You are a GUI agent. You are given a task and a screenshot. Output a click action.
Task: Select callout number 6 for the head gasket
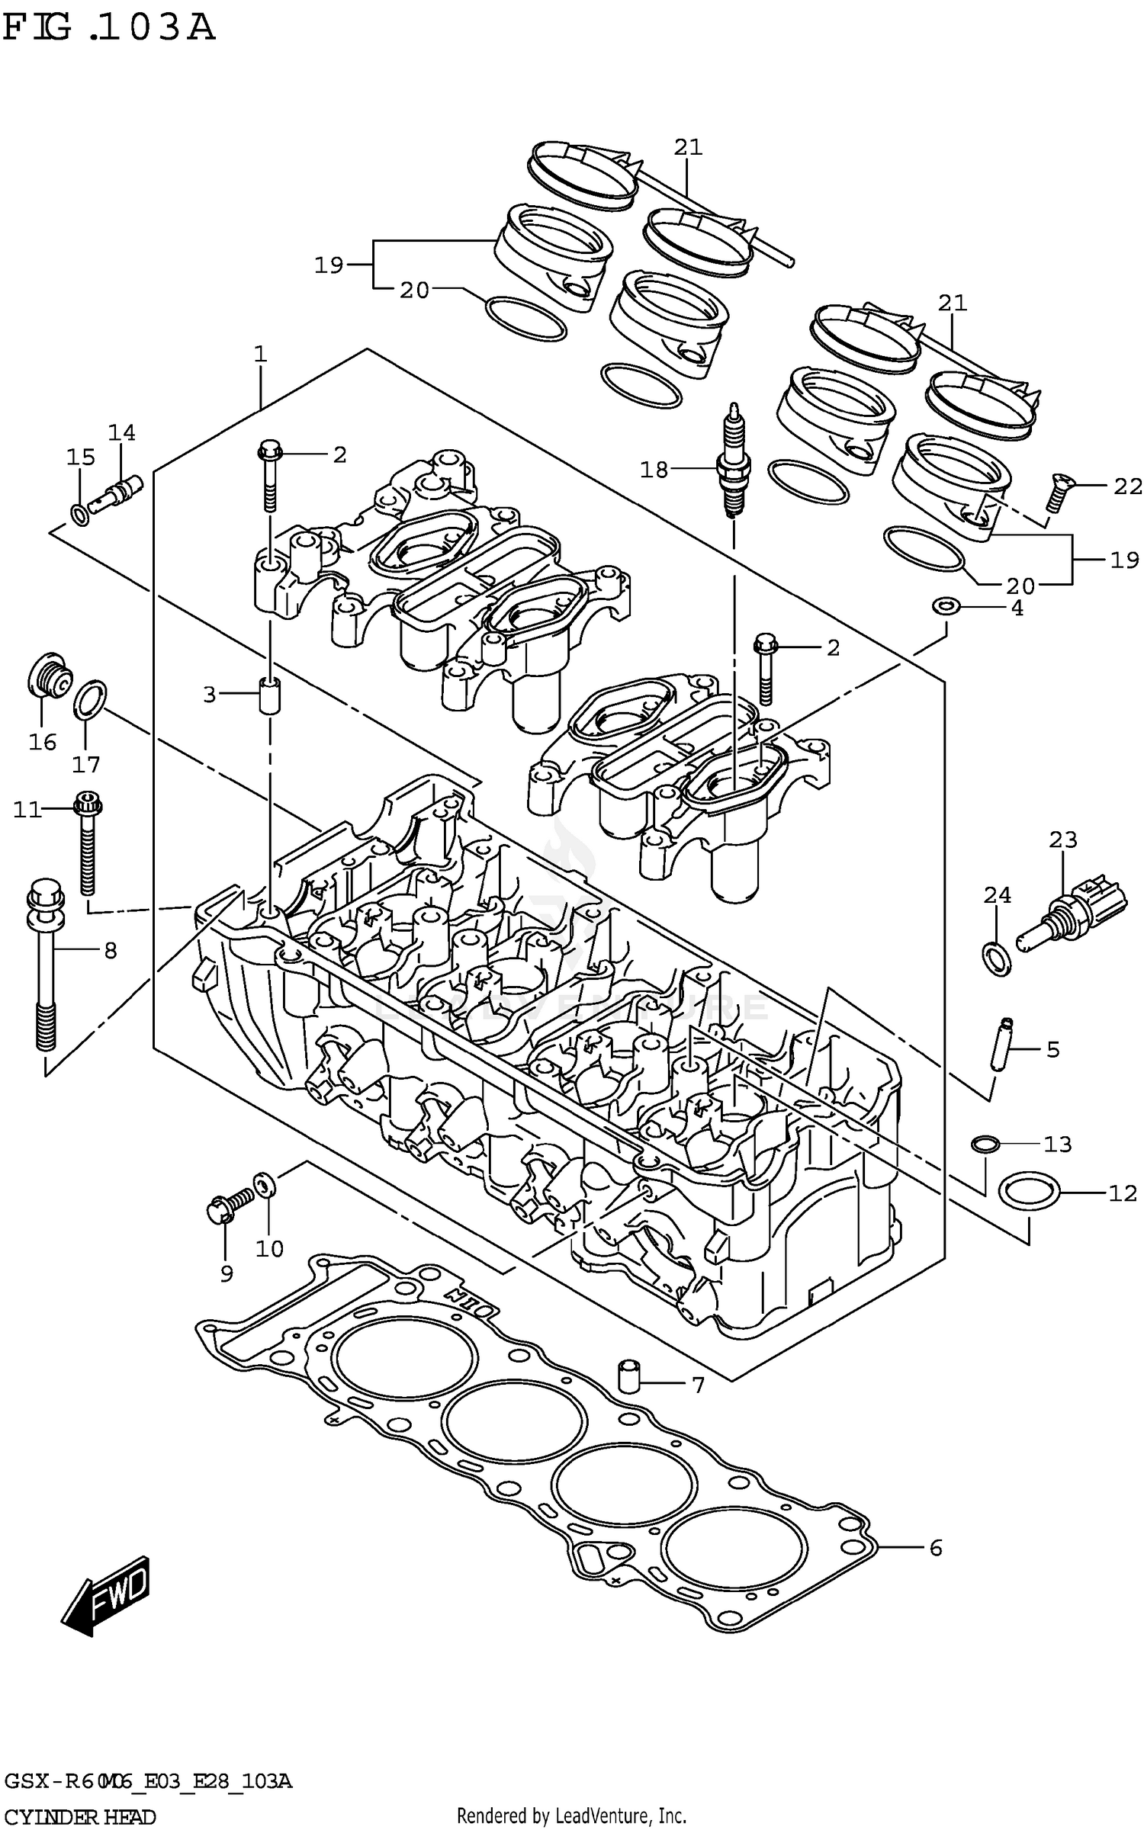click(936, 1548)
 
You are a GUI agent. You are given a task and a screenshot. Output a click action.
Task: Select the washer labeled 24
click(995, 958)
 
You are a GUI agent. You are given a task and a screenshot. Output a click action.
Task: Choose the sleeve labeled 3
click(269, 695)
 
